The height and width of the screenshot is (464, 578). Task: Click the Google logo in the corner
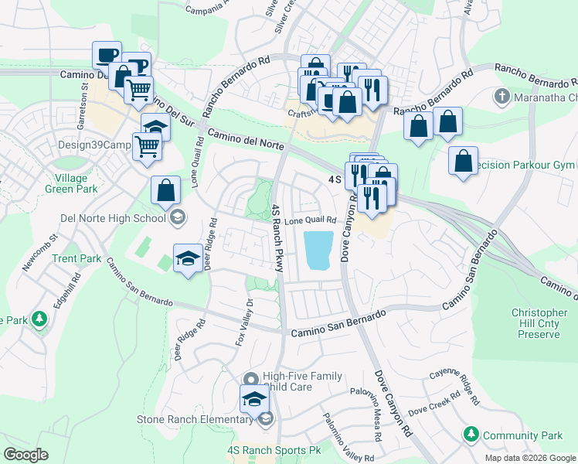tap(25, 455)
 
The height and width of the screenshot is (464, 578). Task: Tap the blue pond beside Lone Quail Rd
tap(320, 250)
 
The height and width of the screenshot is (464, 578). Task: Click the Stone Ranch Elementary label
tap(196, 419)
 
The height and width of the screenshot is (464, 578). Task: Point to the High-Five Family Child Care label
tap(302, 381)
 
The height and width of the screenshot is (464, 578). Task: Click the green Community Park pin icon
tap(470, 435)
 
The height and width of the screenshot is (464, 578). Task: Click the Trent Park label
tap(76, 258)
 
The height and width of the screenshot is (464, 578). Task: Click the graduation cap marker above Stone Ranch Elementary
tap(252, 400)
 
